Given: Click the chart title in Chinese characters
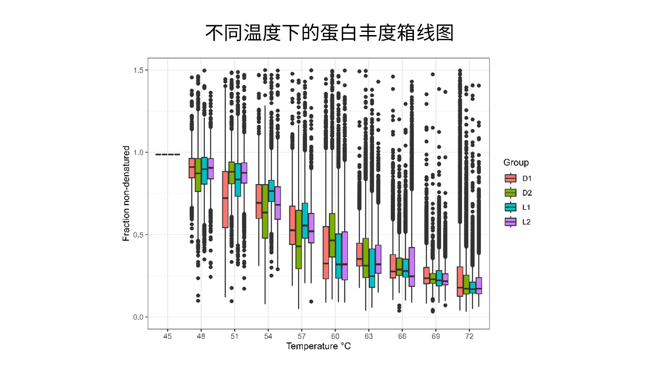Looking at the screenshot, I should click(329, 33).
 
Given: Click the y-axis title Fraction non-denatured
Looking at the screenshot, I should click(126, 193).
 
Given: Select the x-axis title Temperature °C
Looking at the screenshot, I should click(318, 346).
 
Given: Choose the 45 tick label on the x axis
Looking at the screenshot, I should click(167, 335).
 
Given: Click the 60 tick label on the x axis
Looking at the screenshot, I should click(335, 335).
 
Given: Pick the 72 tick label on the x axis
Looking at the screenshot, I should click(469, 335).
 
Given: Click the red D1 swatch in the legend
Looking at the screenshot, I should click(511, 178).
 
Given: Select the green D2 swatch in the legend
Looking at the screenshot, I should click(511, 193).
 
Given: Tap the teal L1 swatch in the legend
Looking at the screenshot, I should click(511, 207).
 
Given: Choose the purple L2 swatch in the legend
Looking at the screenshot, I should click(511, 222).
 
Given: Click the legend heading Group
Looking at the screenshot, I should click(516, 163).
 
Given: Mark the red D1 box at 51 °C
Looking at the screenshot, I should click(225, 199).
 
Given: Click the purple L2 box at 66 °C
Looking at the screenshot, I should click(411, 267).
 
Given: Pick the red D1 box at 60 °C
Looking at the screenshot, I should click(326, 252).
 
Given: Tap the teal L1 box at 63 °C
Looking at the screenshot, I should click(372, 268).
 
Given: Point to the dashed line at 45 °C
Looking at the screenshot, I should click(167, 154).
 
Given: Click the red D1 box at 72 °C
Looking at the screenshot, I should click(460, 281).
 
